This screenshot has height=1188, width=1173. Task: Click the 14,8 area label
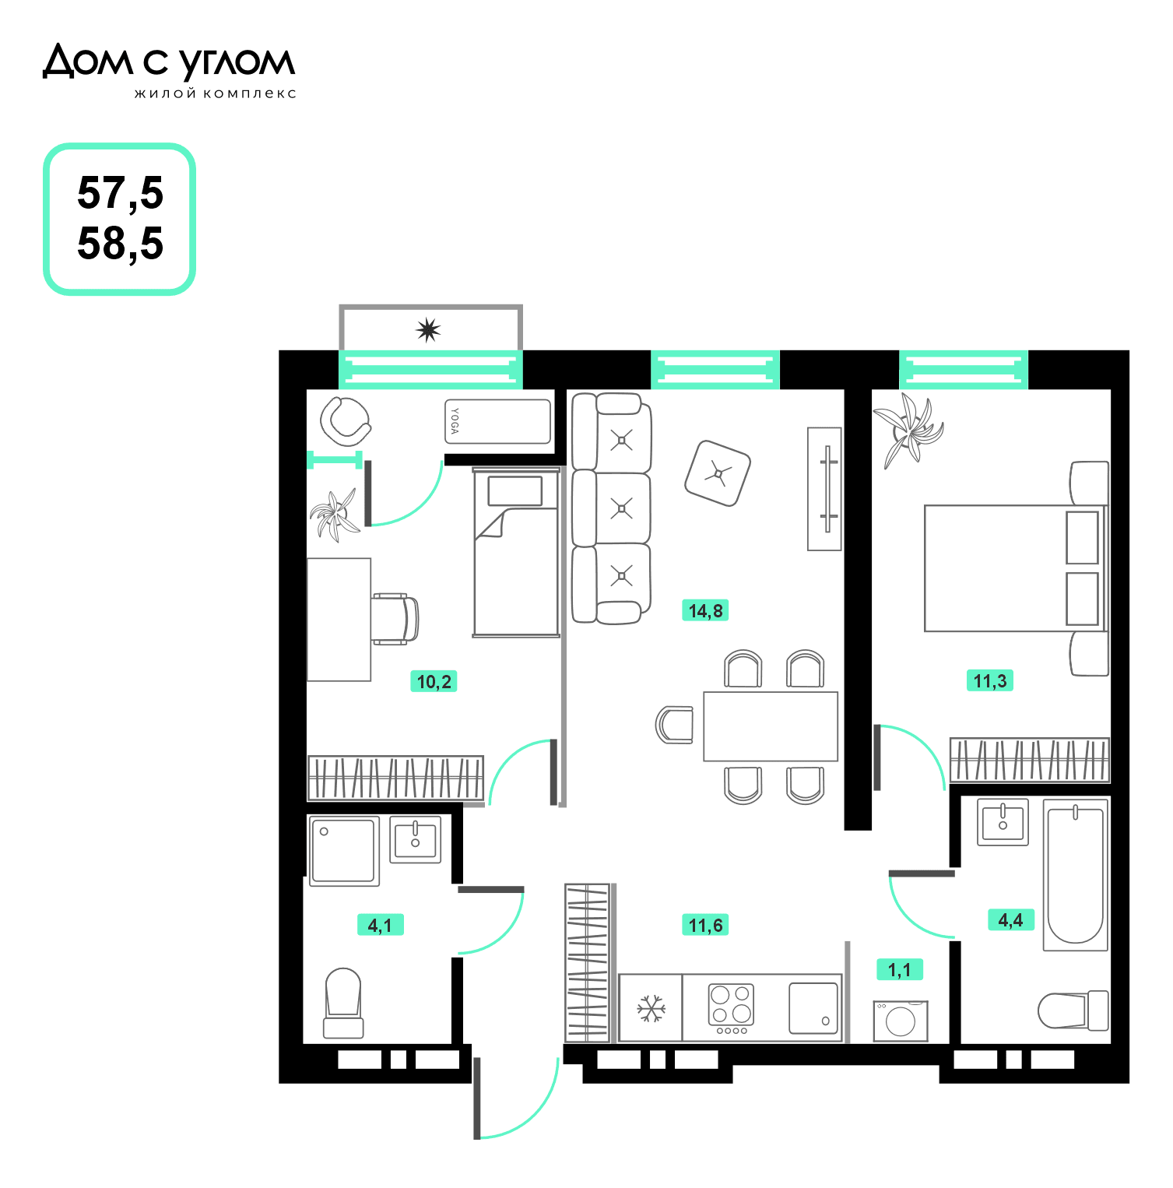click(706, 610)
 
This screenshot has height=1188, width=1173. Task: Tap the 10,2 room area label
click(434, 682)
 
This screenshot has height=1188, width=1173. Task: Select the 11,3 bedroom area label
click(990, 681)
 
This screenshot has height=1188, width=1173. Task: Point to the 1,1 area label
click(899, 970)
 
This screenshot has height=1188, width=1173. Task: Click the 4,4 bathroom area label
click(1010, 920)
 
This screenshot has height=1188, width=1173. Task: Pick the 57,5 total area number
click(121, 193)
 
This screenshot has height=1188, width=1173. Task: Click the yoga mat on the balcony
click(497, 422)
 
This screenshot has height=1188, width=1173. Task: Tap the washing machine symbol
click(901, 1021)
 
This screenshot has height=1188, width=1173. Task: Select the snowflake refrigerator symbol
click(651, 1008)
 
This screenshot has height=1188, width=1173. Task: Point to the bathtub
click(1075, 875)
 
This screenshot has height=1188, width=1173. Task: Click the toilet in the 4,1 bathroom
click(343, 1003)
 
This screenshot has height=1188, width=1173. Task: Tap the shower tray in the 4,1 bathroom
click(344, 851)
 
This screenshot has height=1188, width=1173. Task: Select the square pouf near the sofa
click(718, 473)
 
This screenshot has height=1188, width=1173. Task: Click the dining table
click(771, 726)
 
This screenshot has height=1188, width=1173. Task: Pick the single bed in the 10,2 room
click(516, 552)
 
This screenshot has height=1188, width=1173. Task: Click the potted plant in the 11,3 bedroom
click(908, 430)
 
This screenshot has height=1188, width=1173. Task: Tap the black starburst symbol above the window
click(428, 330)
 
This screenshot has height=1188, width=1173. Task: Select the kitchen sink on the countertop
click(813, 1008)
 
